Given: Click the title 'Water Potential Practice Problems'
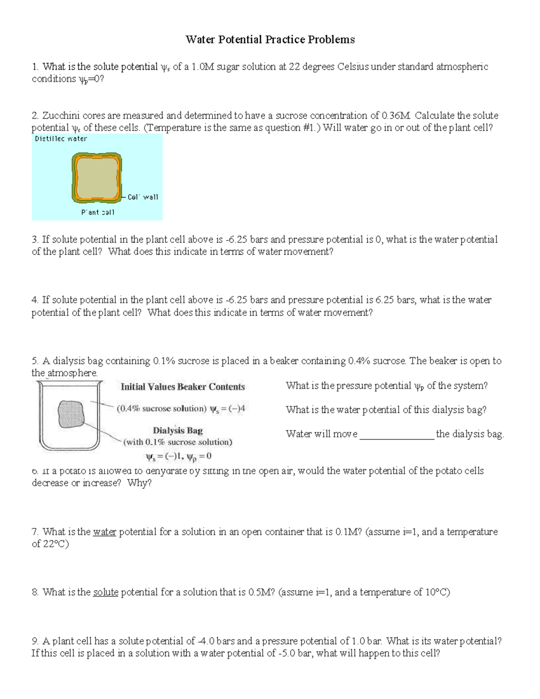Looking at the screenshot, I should (270, 40).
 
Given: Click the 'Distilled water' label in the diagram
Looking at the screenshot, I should (61, 139).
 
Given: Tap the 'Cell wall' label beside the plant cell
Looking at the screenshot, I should (143, 197).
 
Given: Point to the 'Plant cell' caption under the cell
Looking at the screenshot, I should (98, 212).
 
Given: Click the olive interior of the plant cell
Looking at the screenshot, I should (97, 177).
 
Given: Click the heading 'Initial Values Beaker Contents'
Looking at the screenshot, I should (183, 387).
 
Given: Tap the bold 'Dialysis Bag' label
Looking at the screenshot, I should (178, 430).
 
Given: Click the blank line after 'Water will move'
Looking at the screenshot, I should (397, 435).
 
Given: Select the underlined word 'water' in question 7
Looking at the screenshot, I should (104, 532).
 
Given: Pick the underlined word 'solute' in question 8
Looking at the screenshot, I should (106, 592).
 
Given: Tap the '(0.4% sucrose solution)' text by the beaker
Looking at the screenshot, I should (162, 409).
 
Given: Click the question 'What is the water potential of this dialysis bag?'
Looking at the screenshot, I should (386, 410).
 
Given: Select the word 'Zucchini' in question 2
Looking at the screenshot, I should (60, 116).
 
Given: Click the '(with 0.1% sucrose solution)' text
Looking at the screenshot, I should (178, 442).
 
